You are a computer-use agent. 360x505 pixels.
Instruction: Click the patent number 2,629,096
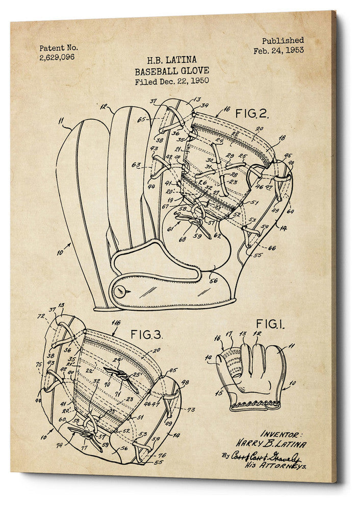click(57, 57)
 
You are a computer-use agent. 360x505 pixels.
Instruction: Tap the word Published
click(282, 40)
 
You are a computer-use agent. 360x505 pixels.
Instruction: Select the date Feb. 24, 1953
click(278, 50)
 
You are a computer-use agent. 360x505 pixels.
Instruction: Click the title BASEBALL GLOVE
click(171, 71)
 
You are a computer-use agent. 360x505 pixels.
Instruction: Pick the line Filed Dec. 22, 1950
click(172, 81)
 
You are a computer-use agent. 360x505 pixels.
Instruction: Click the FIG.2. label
click(251, 113)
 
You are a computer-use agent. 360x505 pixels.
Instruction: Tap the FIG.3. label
click(146, 335)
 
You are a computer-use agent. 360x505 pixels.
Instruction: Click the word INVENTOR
click(281, 434)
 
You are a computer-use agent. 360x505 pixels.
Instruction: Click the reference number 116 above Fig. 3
click(116, 323)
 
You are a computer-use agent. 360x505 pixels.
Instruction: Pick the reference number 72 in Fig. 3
click(40, 317)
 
